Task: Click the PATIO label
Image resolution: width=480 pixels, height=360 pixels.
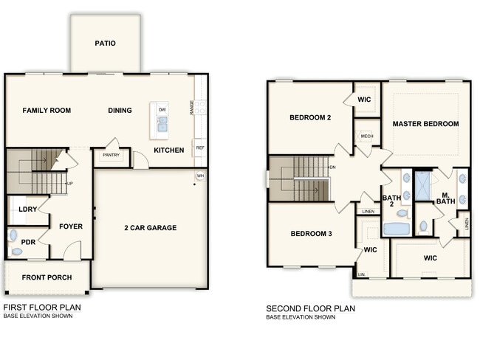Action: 105,44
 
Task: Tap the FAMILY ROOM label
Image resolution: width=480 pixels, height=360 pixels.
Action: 47,111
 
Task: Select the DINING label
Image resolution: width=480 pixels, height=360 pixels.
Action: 120,111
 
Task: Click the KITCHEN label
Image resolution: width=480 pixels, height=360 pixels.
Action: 168,150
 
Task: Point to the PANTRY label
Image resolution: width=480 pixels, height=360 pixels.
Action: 111,156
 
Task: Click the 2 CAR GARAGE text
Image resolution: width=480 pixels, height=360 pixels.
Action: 150,228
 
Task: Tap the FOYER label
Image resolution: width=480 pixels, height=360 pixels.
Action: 71,226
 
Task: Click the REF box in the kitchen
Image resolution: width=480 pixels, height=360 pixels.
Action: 200,148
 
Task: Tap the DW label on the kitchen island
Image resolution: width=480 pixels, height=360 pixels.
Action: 162,109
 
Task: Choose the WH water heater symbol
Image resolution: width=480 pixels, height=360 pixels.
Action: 200,176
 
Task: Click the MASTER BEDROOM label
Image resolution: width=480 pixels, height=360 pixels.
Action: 425,124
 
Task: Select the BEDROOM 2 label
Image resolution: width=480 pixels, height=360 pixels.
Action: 310,118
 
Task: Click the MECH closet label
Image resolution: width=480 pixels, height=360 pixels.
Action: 366,137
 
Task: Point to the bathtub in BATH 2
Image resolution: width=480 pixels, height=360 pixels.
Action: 397,229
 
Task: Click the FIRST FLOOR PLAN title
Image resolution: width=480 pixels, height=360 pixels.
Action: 42,308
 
